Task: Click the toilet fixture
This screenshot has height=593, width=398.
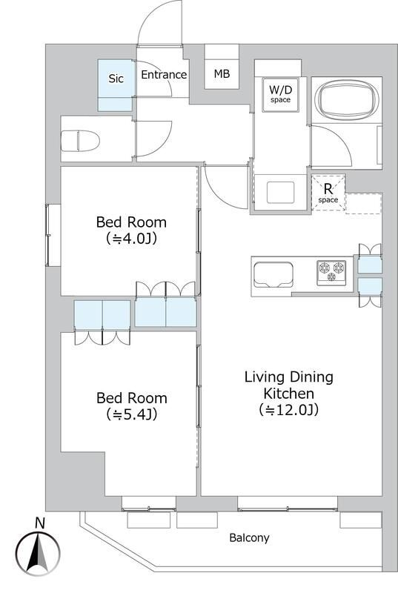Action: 80,141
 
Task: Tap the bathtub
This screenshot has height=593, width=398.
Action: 347,100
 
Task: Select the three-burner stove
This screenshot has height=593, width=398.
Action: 331,272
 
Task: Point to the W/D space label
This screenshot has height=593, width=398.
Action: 280,94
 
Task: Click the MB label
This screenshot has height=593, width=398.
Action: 222,73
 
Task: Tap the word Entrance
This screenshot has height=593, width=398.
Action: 164,75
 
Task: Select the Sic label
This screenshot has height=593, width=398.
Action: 116,79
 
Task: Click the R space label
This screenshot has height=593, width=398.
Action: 328,193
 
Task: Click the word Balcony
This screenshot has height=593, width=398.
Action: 250,538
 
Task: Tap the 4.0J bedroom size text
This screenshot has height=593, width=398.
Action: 131,239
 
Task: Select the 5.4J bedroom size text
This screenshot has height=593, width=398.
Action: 131,415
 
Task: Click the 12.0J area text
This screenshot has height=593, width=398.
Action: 289,410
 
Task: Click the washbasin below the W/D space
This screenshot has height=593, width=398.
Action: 280,192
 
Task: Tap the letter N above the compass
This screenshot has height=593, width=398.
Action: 40,523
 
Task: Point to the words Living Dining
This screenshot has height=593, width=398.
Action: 289,377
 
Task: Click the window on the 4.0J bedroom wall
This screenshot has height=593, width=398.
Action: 47,235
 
